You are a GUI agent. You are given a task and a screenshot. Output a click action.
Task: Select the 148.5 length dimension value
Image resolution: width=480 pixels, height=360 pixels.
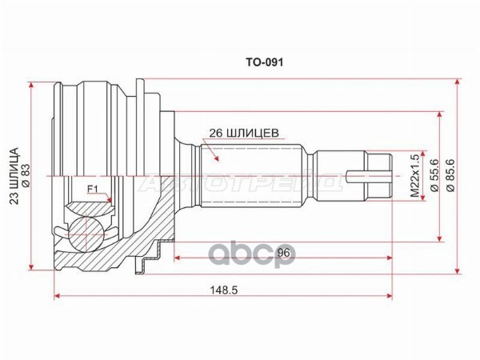[224, 290]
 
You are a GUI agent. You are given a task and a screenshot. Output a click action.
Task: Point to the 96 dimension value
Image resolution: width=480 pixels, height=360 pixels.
[283, 253]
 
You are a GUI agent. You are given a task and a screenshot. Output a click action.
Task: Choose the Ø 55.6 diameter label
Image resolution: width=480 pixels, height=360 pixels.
[434, 175]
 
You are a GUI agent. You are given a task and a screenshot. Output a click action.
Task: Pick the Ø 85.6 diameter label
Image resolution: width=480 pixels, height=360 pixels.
[450, 175]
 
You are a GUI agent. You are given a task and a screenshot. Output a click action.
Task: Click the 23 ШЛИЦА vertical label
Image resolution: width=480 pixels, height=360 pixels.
[14, 176]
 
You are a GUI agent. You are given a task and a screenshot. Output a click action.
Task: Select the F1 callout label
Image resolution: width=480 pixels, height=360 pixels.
[92, 190]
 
